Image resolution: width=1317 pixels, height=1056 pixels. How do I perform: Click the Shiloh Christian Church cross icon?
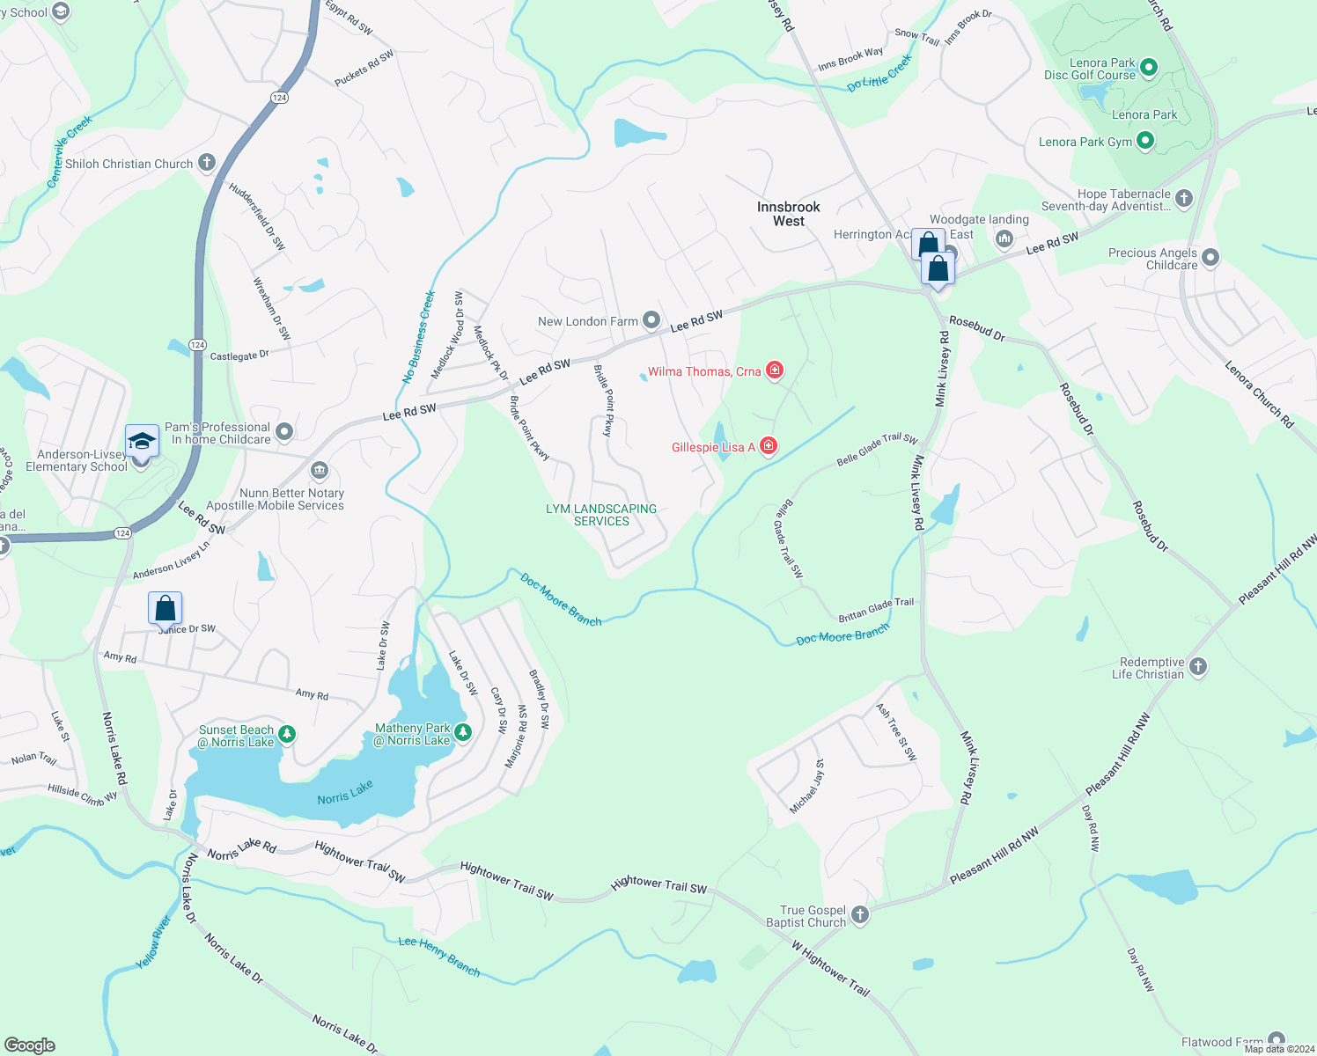207,163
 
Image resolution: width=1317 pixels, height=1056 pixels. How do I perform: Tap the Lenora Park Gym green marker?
1145,141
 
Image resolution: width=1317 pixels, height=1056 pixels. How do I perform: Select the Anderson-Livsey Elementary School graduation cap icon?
142,440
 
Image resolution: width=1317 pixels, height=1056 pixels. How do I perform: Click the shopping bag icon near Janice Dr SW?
165,607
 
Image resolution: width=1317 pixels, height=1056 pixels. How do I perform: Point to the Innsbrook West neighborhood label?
788,214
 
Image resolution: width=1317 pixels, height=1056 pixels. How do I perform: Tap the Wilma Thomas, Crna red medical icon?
775,370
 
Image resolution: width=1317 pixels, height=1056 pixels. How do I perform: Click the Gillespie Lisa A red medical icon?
769,446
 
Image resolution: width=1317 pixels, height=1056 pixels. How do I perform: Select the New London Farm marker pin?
651,320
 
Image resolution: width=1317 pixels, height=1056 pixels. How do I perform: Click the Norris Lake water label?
345,792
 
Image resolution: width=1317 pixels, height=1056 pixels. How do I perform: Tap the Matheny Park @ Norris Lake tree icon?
463,732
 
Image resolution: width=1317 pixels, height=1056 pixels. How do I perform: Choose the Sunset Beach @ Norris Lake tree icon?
286,734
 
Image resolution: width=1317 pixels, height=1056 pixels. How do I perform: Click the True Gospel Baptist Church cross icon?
860,915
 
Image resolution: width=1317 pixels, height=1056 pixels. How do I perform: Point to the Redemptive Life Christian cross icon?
1198,667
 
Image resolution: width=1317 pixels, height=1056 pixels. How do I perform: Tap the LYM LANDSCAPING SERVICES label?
601,515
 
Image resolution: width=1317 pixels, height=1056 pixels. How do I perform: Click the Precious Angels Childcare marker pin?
1211,258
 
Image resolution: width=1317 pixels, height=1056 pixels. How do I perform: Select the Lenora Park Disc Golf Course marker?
1149,68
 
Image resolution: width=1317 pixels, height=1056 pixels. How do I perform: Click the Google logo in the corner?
29,1045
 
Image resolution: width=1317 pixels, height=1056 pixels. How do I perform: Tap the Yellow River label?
153,942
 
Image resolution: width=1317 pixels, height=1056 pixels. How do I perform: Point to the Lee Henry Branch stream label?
439,956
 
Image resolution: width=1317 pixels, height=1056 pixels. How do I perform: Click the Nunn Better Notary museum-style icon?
319,469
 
